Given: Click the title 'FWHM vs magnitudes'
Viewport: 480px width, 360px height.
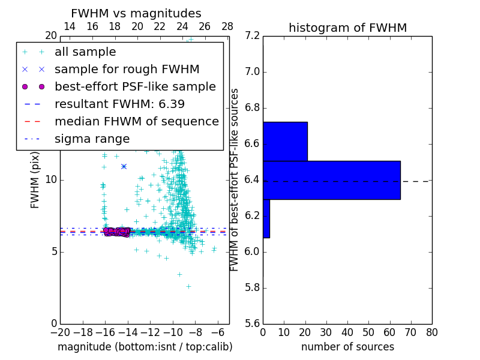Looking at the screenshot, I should pyautogui.click(x=136, y=13).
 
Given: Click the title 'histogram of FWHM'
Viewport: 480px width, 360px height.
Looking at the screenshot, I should pyautogui.click(x=347, y=28).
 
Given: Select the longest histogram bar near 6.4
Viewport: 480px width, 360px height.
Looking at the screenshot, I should pyautogui.click(x=331, y=180).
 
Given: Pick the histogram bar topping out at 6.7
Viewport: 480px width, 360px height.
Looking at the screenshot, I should pyautogui.click(x=285, y=142).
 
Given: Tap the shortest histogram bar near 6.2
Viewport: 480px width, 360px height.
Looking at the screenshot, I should pyautogui.click(x=266, y=218).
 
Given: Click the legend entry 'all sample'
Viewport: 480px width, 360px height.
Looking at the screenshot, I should pyautogui.click(x=85, y=52).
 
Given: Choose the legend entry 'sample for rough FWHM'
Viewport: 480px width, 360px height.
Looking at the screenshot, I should pyautogui.click(x=127, y=70).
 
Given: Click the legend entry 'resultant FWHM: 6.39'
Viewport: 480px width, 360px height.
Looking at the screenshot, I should pyautogui.click(x=119, y=104).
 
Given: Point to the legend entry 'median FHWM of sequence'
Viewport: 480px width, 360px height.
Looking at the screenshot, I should pyautogui.click(x=136, y=121).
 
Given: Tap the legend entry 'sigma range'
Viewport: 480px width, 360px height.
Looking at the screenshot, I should pyautogui.click(x=92, y=139).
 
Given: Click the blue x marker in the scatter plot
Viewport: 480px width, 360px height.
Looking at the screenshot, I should pyautogui.click(x=124, y=166).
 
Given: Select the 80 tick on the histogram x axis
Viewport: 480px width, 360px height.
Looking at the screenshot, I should pyautogui.click(x=431, y=332).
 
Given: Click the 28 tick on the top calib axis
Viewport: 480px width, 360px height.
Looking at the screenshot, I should pyautogui.click(x=227, y=26).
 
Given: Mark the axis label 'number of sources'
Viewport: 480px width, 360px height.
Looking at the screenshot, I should pyautogui.click(x=347, y=347).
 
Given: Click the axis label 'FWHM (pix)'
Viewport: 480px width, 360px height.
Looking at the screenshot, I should pyautogui.click(x=35, y=180).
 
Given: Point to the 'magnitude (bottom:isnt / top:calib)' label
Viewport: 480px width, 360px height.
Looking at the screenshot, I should pyautogui.click(x=145, y=347).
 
